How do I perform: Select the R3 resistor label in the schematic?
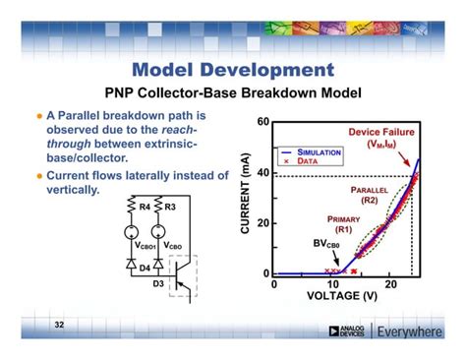(169, 209)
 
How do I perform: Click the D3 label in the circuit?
(160, 285)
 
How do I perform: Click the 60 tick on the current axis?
(262, 122)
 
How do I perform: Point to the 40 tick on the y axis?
(262, 173)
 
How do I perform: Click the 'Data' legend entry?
(311, 161)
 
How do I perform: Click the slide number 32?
(58, 325)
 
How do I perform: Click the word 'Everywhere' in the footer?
(410, 331)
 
